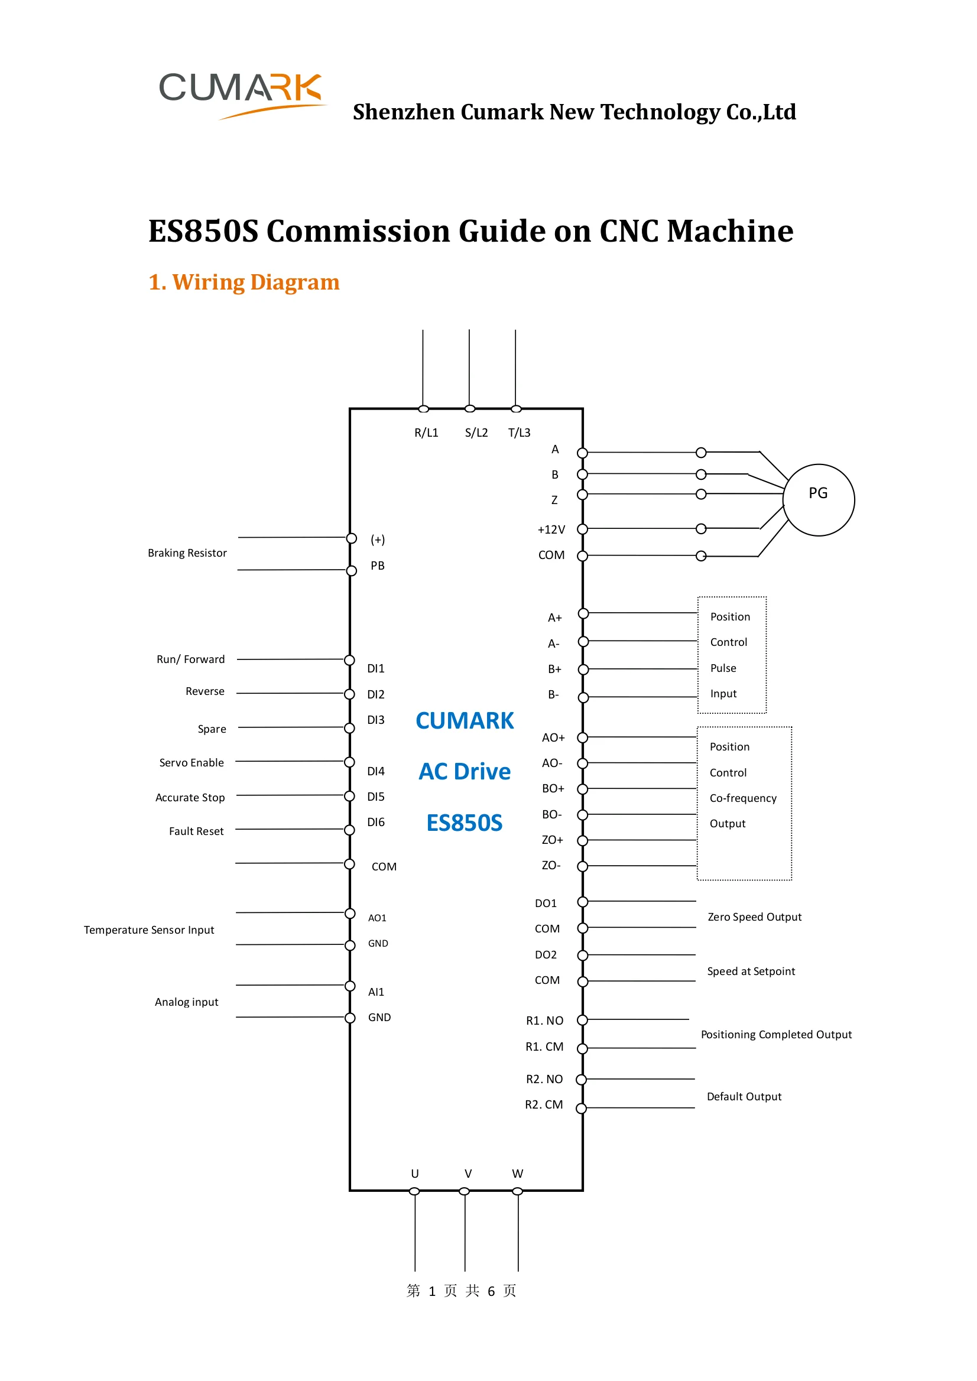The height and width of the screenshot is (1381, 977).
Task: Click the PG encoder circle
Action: coord(818,499)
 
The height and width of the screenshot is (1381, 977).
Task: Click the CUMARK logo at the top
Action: coord(241,93)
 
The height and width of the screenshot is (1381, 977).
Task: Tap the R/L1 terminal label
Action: coord(426,433)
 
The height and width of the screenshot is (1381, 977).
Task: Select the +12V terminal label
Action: coord(551,529)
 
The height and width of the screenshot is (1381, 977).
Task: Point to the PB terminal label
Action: coord(377,566)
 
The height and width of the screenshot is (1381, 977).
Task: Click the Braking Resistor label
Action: coord(187,553)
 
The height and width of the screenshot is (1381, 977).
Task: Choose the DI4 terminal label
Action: coord(375,771)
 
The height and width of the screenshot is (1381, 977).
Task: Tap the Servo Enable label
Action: coord(191,763)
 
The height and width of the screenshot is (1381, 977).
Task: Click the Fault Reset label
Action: coord(196,831)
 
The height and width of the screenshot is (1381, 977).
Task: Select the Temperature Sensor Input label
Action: coord(148,930)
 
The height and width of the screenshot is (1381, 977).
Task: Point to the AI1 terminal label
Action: coord(375,992)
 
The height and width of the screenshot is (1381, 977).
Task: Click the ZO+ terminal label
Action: coord(552,840)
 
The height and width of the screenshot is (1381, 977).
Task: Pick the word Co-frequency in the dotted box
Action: coord(743,798)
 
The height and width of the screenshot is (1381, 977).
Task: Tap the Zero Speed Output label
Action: coord(754,917)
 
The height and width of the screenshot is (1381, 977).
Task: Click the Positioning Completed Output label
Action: coord(776,1035)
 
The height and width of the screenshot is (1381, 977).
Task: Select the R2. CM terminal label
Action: coord(544,1104)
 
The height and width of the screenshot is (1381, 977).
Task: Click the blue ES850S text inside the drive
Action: coord(464,823)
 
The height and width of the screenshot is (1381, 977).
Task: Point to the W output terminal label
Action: coord(517,1174)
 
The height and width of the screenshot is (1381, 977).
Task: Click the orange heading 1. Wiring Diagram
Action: coord(244,282)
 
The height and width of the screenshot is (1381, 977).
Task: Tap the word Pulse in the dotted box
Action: coord(723,668)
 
